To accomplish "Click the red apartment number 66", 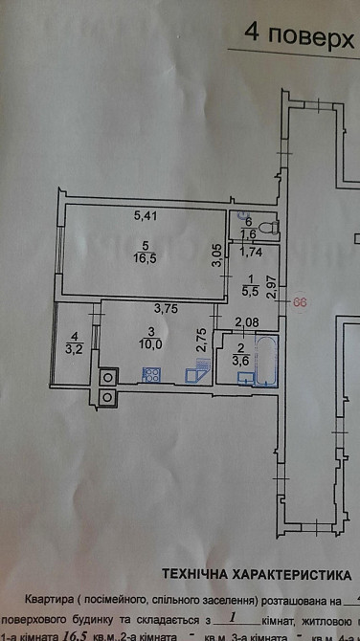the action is click(300, 302).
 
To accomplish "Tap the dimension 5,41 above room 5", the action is click(146, 214).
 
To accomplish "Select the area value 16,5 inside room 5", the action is click(144, 257).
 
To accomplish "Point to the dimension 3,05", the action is click(217, 254).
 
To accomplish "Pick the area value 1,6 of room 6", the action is click(246, 234).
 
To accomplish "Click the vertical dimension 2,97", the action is click(271, 286).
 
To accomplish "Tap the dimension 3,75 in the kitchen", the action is click(168, 308).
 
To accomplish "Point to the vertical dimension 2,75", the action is click(201, 342).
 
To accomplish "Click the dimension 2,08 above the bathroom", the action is click(246, 322).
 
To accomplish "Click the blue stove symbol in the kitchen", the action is click(150, 375).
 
